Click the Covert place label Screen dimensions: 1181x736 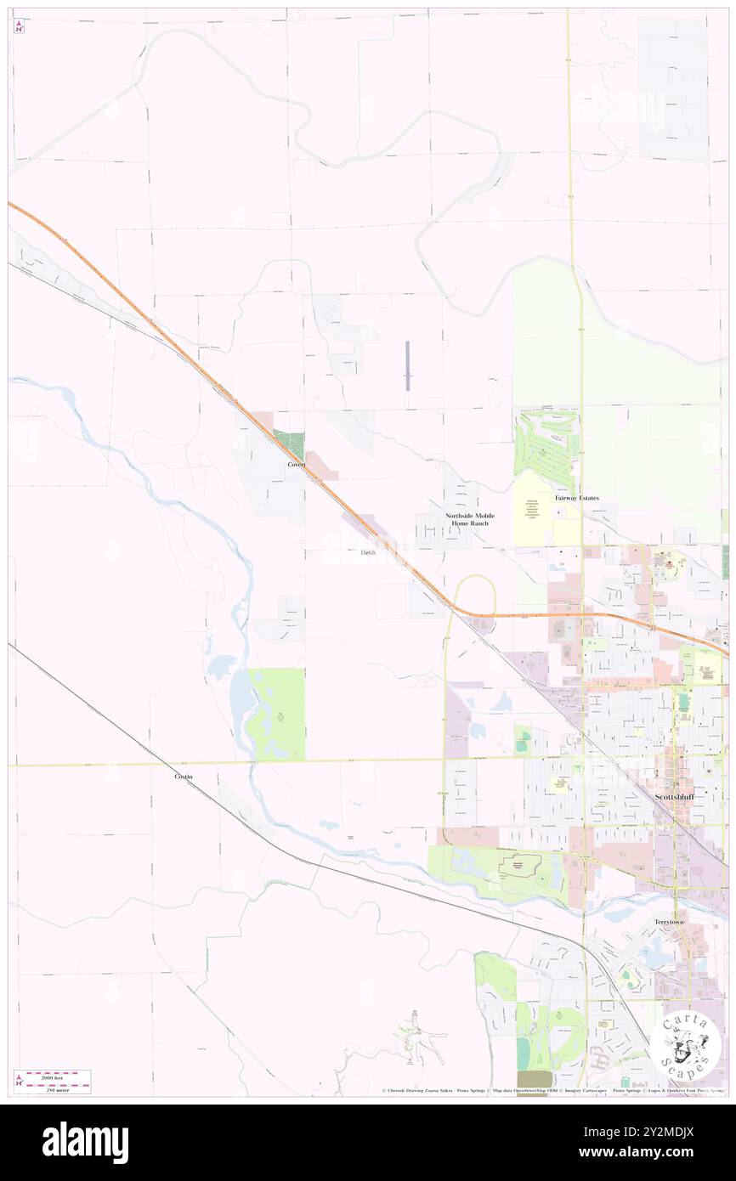click(296, 465)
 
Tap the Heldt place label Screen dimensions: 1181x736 click(367, 553)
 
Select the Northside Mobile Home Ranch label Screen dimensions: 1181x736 click(470, 519)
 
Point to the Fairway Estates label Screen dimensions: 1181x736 click(577, 498)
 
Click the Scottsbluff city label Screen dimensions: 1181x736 click(674, 797)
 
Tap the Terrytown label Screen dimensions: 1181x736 click(669, 922)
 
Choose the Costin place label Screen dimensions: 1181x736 click(184, 777)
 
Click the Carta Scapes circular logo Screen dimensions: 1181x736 click(687, 1046)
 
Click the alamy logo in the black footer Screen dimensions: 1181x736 click(85, 1142)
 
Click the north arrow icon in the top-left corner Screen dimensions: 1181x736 click(19, 26)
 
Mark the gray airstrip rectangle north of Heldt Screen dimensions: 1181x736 click(407, 365)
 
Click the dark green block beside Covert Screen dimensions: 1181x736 click(293, 444)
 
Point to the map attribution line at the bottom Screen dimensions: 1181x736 click(552, 1090)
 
